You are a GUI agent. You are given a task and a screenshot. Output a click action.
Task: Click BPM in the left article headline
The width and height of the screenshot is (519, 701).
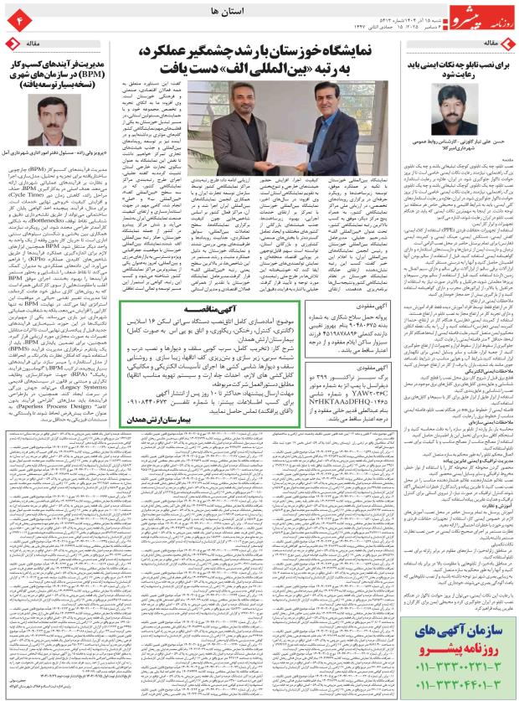(x=87, y=74)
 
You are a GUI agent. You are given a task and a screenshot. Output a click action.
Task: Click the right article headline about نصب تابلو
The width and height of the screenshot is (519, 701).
(x=459, y=68)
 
